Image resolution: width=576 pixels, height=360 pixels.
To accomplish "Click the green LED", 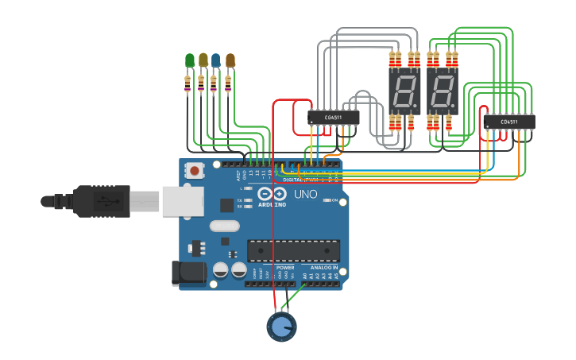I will click(189, 60).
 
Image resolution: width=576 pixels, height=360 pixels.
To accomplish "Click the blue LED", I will click(216, 60).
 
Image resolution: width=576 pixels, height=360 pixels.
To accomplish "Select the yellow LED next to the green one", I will click(203, 60).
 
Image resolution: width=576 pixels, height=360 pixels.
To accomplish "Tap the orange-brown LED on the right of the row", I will click(230, 60).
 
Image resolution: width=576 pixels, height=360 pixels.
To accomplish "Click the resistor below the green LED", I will click(187, 83).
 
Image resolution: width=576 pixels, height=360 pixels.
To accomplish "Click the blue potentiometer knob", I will click(280, 326).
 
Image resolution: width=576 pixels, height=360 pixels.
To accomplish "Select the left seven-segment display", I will click(404, 91).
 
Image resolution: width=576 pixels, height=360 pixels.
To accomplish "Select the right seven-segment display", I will click(443, 91).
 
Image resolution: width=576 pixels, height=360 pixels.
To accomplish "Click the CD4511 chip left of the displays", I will click(334, 118).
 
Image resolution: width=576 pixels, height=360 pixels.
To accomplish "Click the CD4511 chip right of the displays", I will click(509, 122).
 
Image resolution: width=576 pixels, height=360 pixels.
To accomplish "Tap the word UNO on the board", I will click(306, 194).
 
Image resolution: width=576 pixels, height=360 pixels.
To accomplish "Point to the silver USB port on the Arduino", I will click(182, 201).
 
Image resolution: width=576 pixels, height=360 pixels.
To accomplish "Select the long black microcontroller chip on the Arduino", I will click(293, 250).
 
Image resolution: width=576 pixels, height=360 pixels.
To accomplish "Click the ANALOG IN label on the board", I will click(323, 268).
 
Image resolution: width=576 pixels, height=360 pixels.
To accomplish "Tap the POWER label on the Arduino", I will click(285, 268).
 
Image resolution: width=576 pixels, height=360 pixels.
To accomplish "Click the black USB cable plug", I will click(102, 201).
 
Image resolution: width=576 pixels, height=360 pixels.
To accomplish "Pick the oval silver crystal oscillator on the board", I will click(225, 226).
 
